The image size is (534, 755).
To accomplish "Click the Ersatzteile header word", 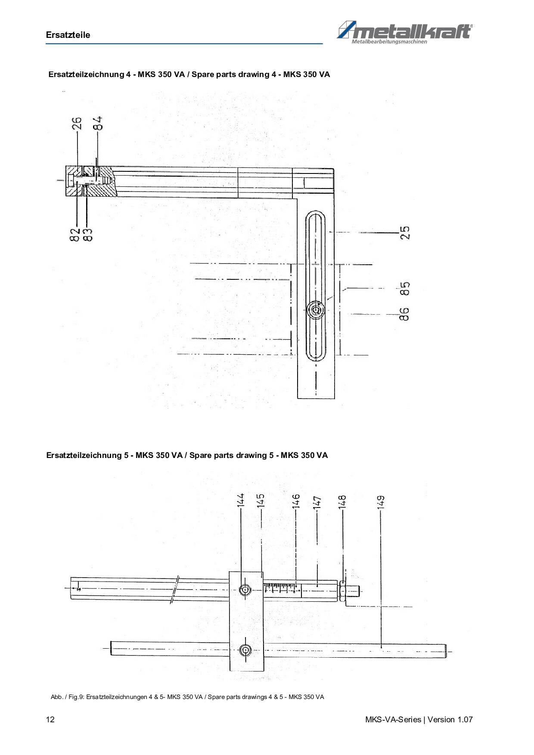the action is pos(68,35).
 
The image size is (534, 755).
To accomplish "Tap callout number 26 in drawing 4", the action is pos(76,124).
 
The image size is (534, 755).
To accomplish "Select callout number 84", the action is pos(98,123).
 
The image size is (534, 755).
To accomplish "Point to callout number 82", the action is pos(75,235).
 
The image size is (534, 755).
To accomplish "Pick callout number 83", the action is pos(87,235).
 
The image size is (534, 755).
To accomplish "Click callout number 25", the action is pos(405,232).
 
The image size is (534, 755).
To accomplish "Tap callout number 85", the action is pos(405,288).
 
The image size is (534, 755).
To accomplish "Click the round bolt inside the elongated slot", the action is pos(317,310).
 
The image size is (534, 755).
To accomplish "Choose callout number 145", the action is pos(261,501).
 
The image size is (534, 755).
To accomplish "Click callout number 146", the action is pos(296,502).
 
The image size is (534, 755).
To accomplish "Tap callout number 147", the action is pos(317,503).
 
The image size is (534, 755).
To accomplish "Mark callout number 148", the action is pos(342,502).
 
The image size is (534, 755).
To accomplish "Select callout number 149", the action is pos(381,503).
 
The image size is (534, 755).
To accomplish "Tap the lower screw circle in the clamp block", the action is pos(245,650).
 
